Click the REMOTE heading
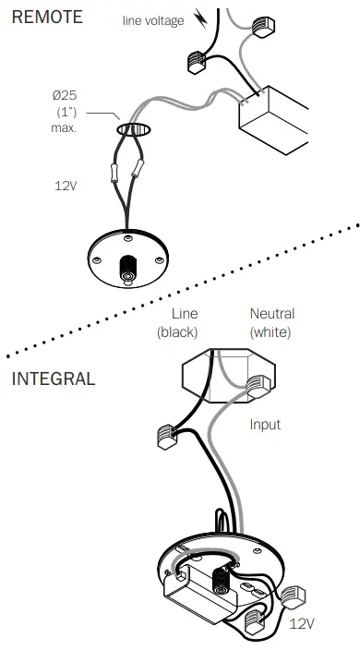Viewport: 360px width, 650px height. [x=46, y=17]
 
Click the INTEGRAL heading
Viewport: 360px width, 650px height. [x=53, y=379]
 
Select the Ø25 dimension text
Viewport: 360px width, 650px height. [x=65, y=96]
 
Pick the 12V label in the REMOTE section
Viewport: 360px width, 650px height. [x=65, y=185]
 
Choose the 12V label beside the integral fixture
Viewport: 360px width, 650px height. [x=302, y=624]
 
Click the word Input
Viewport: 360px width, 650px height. [x=265, y=425]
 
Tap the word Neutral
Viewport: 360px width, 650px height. [x=271, y=314]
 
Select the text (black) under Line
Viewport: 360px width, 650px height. [x=177, y=331]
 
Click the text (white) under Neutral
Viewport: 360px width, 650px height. [x=270, y=331]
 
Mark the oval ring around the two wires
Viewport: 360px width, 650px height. [x=133, y=131]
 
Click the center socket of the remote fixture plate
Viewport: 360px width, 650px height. [x=126, y=274]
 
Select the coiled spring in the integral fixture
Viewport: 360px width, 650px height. [x=222, y=581]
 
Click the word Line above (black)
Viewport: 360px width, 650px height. [x=185, y=314]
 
